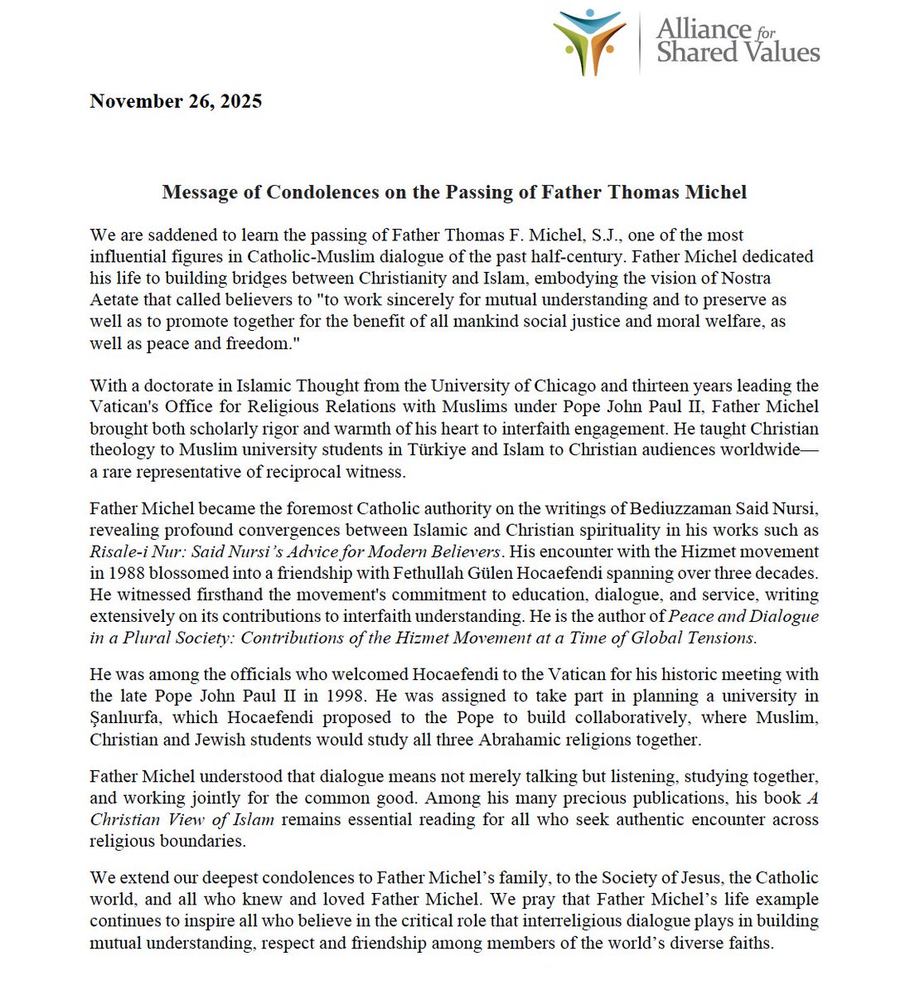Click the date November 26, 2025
point(176,101)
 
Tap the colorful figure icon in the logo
point(589,41)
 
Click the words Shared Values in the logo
point(738,53)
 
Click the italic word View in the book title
point(186,819)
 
